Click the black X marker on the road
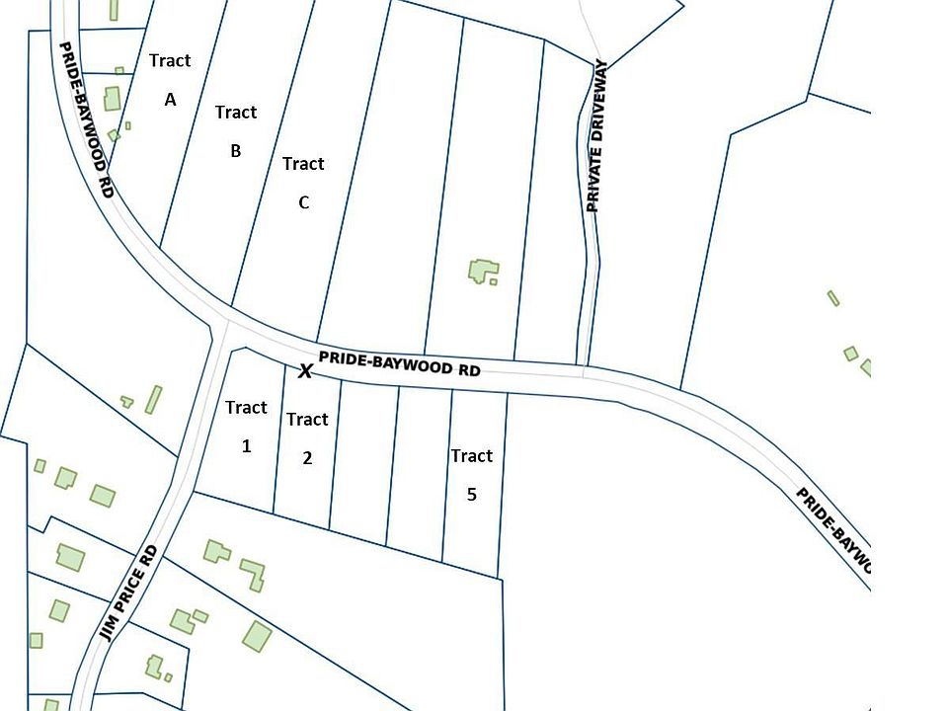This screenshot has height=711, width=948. point(306,371)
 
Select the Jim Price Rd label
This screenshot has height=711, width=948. point(129,592)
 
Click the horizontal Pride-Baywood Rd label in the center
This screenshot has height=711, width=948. point(399,363)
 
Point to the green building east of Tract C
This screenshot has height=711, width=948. point(483,271)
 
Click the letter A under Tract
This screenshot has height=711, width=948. point(170,100)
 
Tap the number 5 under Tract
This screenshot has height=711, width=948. point(471,494)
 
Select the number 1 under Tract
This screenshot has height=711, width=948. point(246,446)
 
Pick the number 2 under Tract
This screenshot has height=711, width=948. point(307,458)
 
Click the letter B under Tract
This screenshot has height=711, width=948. point(236,151)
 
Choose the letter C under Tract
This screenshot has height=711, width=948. point(303,202)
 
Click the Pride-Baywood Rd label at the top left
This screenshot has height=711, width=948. point(86,119)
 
